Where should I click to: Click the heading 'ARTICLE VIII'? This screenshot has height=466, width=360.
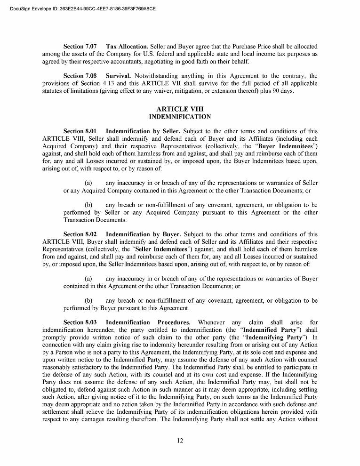point(180,109)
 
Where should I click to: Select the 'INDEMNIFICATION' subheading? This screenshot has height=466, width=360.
point(180,117)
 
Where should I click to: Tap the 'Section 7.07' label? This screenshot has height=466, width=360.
point(80,47)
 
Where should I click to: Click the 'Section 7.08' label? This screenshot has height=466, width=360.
point(80,76)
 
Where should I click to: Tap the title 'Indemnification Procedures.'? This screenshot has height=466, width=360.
point(148,322)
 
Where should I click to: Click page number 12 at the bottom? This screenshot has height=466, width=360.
point(180,441)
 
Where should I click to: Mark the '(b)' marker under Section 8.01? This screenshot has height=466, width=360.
point(88,205)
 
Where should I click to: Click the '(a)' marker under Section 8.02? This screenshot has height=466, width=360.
point(88,279)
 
